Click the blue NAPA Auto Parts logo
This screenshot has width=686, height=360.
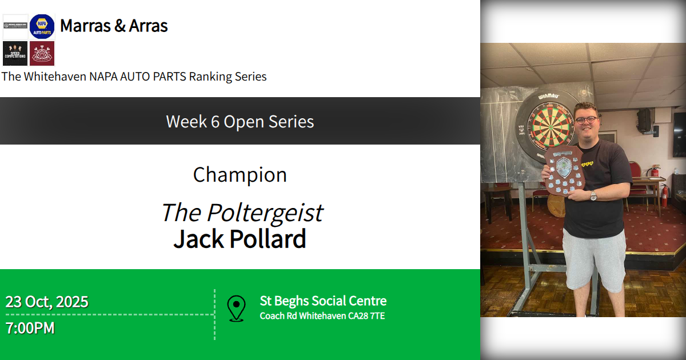click(42, 26)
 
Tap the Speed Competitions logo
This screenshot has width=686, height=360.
click(15, 53)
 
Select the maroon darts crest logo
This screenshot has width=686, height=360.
click(42, 53)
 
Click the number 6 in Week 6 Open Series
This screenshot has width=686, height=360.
click(215, 122)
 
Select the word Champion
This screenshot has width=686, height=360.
click(240, 175)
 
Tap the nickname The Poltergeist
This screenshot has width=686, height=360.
click(241, 213)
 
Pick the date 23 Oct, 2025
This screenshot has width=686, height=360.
click(47, 302)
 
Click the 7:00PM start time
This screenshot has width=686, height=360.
click(30, 329)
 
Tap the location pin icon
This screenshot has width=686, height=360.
click(236, 308)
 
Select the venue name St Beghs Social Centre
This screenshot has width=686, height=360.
click(323, 301)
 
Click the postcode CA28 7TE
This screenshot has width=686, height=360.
click(366, 316)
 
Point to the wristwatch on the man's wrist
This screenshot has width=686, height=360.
click(593, 196)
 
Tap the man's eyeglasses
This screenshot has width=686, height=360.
click(586, 120)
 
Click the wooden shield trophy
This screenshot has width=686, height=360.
click(563, 171)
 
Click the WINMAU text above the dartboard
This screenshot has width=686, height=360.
click(548, 95)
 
